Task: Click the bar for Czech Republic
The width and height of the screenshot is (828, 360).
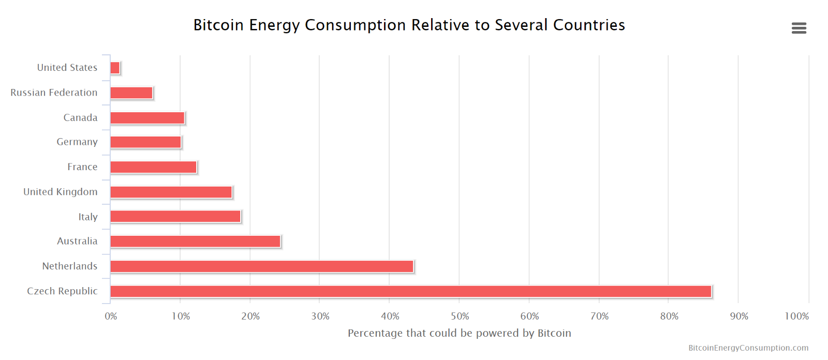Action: [411, 291]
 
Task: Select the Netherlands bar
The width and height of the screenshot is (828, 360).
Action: [262, 266]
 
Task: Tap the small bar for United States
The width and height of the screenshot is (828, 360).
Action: [115, 68]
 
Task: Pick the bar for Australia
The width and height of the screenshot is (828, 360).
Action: [195, 242]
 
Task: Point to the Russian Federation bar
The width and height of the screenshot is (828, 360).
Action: [131, 93]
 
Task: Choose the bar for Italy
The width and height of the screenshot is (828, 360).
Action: [175, 216]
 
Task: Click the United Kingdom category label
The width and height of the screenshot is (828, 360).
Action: [60, 192]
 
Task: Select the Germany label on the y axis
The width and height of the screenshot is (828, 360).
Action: [77, 142]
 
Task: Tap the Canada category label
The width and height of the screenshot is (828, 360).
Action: [80, 117]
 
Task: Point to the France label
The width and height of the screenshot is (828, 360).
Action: [82, 167]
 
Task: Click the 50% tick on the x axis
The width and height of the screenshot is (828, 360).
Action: [460, 316]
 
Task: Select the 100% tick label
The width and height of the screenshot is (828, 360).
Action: [796, 316]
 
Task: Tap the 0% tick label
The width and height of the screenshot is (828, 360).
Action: [111, 316]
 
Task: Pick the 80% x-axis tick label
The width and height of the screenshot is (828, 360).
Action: [669, 316]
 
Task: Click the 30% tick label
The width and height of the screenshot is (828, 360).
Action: [320, 316]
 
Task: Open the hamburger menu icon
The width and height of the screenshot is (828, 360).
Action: [799, 28]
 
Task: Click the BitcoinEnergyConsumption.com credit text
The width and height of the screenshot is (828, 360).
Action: [748, 348]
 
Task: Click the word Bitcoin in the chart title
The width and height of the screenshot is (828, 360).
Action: [218, 25]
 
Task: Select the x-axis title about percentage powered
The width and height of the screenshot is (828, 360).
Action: [459, 333]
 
